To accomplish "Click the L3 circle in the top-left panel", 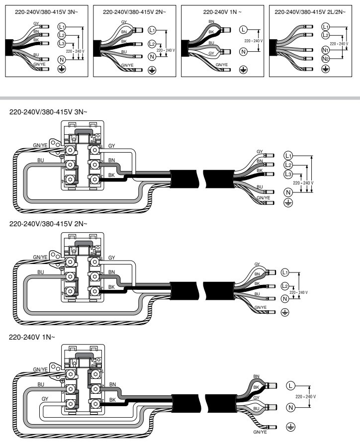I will click(x=61, y=44).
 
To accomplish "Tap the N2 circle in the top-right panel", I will click(x=325, y=59).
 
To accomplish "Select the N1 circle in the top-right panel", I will click(x=325, y=50).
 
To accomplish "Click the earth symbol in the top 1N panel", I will click(x=243, y=69).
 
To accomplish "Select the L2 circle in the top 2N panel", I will click(x=152, y=45).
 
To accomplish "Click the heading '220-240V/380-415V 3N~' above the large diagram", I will click(x=49, y=112).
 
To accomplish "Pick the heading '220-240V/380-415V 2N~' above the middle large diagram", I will click(x=49, y=224).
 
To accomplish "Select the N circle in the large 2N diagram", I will click(x=285, y=299).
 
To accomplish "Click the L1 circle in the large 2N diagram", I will click(x=285, y=272).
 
